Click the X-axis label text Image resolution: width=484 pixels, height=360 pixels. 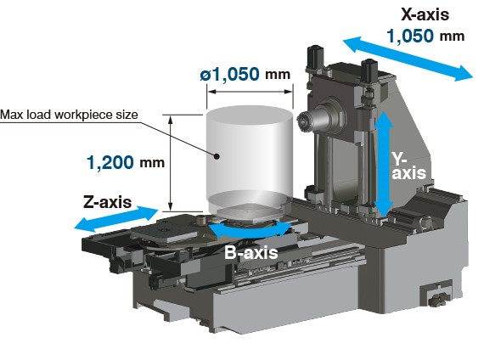click(425, 14)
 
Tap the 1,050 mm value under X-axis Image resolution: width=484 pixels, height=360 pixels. click(425, 36)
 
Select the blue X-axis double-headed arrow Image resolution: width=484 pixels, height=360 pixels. click(408, 59)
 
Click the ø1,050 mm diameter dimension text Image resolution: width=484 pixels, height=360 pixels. click(245, 75)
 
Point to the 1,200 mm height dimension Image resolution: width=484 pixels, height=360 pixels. click(126, 162)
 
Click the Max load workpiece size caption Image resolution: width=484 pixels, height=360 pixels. click(69, 115)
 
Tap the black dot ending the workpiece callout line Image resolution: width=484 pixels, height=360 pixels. click(217, 156)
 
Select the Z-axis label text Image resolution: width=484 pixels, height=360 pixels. click(108, 202)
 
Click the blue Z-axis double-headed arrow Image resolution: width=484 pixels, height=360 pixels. click(116, 219)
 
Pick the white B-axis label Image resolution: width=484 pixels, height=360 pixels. click(251, 252)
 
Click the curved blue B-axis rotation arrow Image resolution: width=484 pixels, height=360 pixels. click(250, 232)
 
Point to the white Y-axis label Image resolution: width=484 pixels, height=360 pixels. click(408, 166)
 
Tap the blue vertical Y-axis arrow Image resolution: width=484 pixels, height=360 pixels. click(383, 165)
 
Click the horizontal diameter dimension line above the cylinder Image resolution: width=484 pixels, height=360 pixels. click(250, 92)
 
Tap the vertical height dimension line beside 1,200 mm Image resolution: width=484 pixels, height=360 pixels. click(170, 163)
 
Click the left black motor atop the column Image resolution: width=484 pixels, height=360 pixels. click(315, 58)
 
